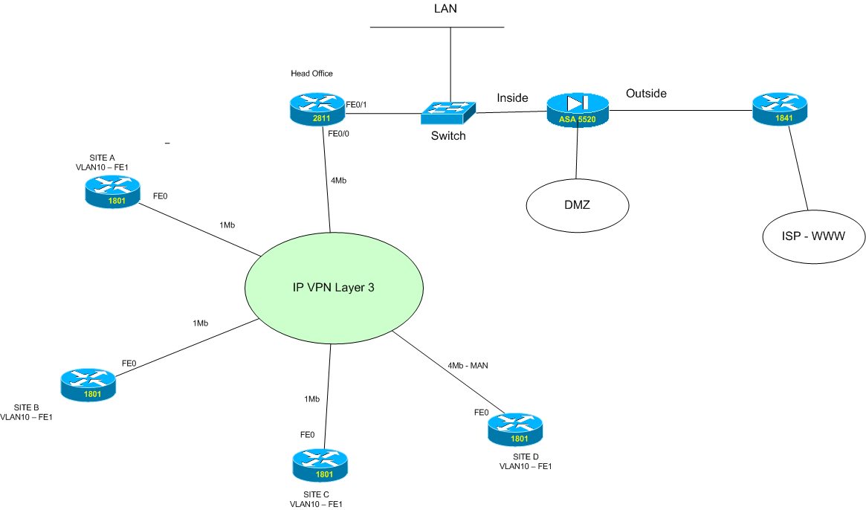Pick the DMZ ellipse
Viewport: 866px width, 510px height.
pyautogui.click(x=577, y=204)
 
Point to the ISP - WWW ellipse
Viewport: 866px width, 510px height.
pyautogui.click(x=814, y=237)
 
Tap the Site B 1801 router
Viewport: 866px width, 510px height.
pyautogui.click(x=88, y=384)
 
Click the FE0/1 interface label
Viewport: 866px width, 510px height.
pyautogui.click(x=357, y=106)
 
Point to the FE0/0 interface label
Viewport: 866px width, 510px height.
pyautogui.click(x=339, y=135)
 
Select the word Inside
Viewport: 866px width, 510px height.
pyautogui.click(x=512, y=97)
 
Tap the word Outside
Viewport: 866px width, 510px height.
pyautogui.click(x=646, y=94)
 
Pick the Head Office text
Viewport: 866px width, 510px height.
pyautogui.click(x=312, y=74)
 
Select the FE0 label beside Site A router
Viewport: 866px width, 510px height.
pyautogui.click(x=160, y=196)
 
